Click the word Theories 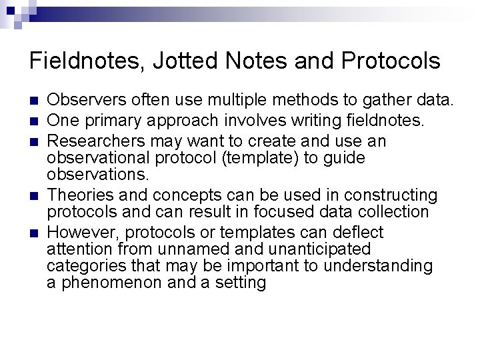(x=77, y=195)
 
